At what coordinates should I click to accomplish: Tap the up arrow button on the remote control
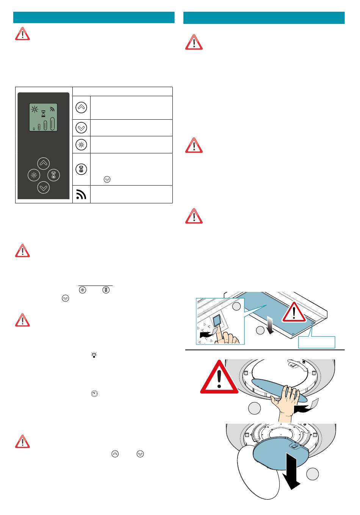(x=44, y=163)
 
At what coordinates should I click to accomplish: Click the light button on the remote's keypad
(x=34, y=175)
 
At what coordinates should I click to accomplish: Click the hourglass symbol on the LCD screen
(x=44, y=113)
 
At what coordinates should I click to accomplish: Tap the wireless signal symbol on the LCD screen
(x=52, y=109)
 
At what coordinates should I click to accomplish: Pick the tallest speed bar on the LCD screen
(x=53, y=123)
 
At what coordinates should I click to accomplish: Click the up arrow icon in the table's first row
(x=81, y=108)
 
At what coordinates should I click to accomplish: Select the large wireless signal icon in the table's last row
(x=81, y=194)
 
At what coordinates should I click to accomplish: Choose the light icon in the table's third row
(x=81, y=145)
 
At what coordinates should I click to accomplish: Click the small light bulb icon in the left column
(x=94, y=355)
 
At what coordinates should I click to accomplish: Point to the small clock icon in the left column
(x=94, y=394)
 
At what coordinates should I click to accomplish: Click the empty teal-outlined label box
(x=316, y=342)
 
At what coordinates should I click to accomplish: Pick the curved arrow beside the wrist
(x=307, y=407)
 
